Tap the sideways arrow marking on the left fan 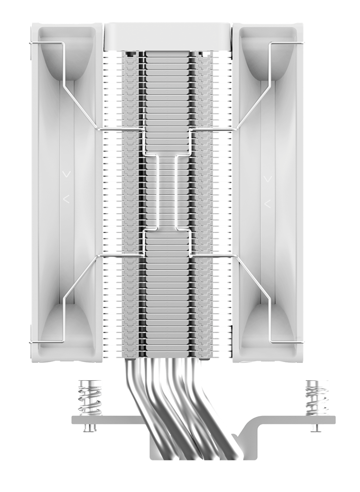[67, 199]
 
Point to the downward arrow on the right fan [268, 178]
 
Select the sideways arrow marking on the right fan [268, 203]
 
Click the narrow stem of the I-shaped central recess [167, 192]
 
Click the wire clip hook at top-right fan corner [301, 44]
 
